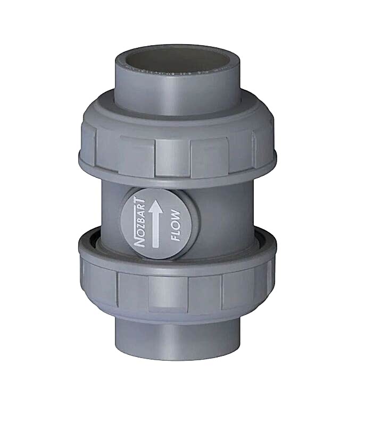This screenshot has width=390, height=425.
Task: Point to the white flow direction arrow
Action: tap(156, 223)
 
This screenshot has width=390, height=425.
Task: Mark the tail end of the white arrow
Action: tap(156, 245)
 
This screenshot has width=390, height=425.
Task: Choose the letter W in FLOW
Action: tap(176, 215)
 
